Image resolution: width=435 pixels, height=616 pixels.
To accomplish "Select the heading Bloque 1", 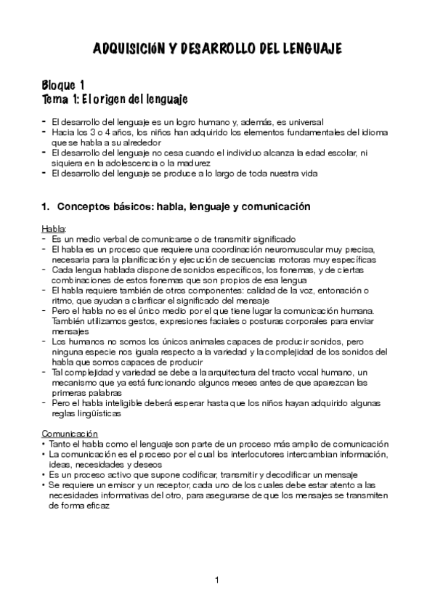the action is point(65,84).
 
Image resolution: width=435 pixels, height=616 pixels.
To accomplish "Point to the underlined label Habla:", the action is point(54,229).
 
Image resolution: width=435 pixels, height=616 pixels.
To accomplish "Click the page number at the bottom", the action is point(217,580).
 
